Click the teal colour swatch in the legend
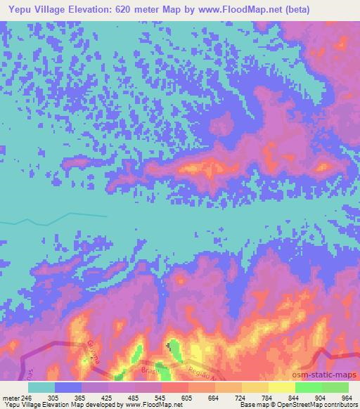click(41, 387)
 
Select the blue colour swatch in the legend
click(68, 387)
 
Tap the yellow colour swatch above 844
click(282, 387)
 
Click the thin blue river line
click(70, 215)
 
